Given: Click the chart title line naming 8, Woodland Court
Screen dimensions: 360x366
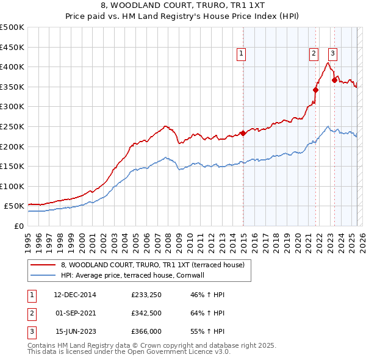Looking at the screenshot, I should pyautogui.click(x=182, y=5).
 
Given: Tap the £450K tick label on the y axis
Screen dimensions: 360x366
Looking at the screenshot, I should pyautogui.click(x=12, y=47).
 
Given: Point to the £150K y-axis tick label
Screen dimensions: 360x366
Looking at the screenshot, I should pyautogui.click(x=12, y=166).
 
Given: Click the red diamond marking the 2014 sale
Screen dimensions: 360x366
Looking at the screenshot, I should pyautogui.click(x=243, y=133).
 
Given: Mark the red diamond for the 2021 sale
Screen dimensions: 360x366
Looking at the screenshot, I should pyautogui.click(x=315, y=90).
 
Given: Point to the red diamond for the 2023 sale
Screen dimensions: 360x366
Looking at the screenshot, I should pyautogui.click(x=334, y=80).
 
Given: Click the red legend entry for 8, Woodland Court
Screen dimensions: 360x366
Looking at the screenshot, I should pyautogui.click(x=152, y=265).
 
